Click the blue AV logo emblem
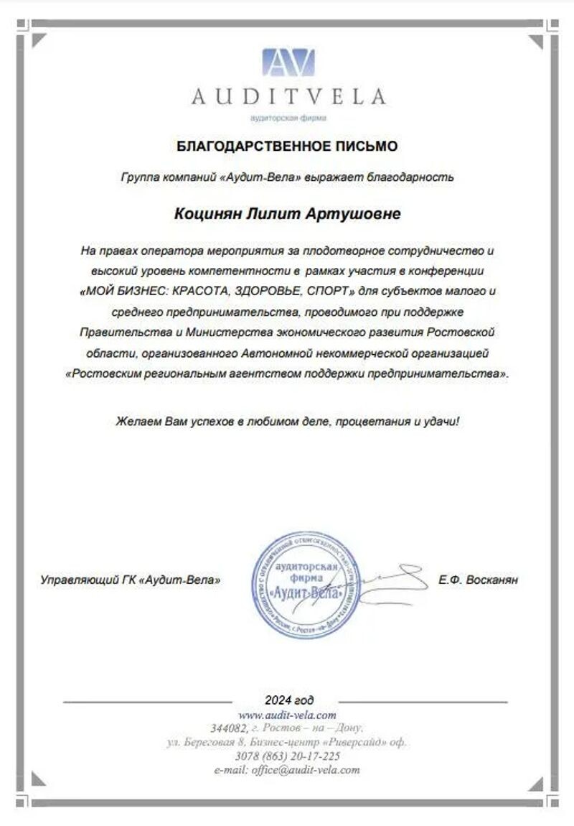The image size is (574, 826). tap(287, 62)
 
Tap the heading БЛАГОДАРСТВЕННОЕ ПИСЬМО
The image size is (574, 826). tap(287, 147)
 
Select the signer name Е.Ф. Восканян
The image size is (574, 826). tap(477, 579)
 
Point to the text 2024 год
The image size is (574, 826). tap(288, 700)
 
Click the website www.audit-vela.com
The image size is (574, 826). tap(287, 715)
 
